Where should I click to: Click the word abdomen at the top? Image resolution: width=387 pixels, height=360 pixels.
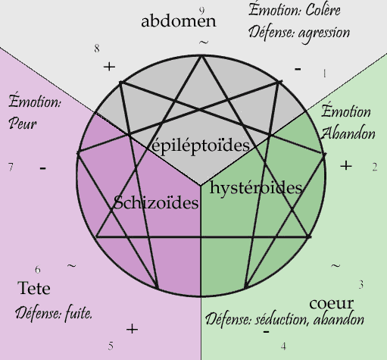(179, 21)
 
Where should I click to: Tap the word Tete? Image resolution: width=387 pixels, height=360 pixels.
(34, 288)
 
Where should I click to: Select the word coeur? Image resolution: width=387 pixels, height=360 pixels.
(331, 303)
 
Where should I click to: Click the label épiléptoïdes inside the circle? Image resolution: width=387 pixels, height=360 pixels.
(201, 146)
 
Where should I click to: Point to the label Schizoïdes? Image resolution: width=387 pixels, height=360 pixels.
(156, 202)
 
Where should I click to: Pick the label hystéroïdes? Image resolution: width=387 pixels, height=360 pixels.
(256, 188)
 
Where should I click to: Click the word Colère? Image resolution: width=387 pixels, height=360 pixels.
(323, 11)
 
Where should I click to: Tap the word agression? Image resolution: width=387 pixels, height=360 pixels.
(324, 33)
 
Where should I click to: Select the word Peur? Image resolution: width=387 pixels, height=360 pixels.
(23, 124)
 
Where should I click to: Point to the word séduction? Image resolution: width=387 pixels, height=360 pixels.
(282, 320)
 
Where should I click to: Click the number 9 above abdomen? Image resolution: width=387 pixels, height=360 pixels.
(201, 11)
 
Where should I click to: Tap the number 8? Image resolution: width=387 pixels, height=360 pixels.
(97, 49)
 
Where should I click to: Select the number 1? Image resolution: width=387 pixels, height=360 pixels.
(324, 74)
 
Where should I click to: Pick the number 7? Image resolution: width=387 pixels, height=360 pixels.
(11, 167)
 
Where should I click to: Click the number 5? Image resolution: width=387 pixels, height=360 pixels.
(111, 346)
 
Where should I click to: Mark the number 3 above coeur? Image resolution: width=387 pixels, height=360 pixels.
(361, 285)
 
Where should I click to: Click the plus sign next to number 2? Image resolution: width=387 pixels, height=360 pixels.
(346, 166)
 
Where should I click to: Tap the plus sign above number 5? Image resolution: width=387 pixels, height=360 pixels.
(132, 329)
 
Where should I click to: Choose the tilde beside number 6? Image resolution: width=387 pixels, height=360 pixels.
(72, 266)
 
